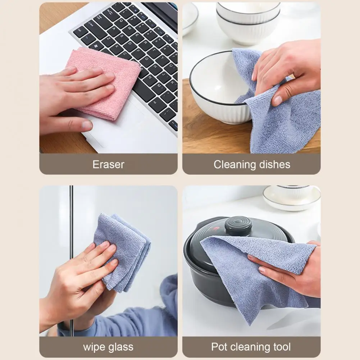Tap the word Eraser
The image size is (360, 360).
click(x=108, y=164)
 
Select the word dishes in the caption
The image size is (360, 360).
click(x=273, y=164)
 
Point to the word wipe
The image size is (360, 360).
click(x=94, y=347)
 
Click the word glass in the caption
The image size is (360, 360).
click(x=121, y=347)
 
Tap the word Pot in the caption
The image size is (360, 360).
click(x=219, y=347)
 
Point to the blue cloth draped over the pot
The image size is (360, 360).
click(x=252, y=273)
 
